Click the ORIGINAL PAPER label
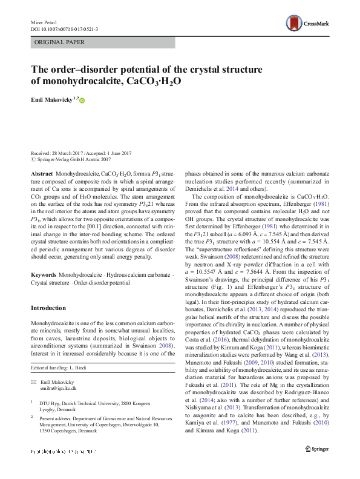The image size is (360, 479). click(x=59, y=42)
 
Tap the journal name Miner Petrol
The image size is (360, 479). click(x=42, y=22)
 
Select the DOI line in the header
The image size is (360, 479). click(x=64, y=28)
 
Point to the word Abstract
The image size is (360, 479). click(x=42, y=173)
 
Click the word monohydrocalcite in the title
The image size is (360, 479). click(x=79, y=81)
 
